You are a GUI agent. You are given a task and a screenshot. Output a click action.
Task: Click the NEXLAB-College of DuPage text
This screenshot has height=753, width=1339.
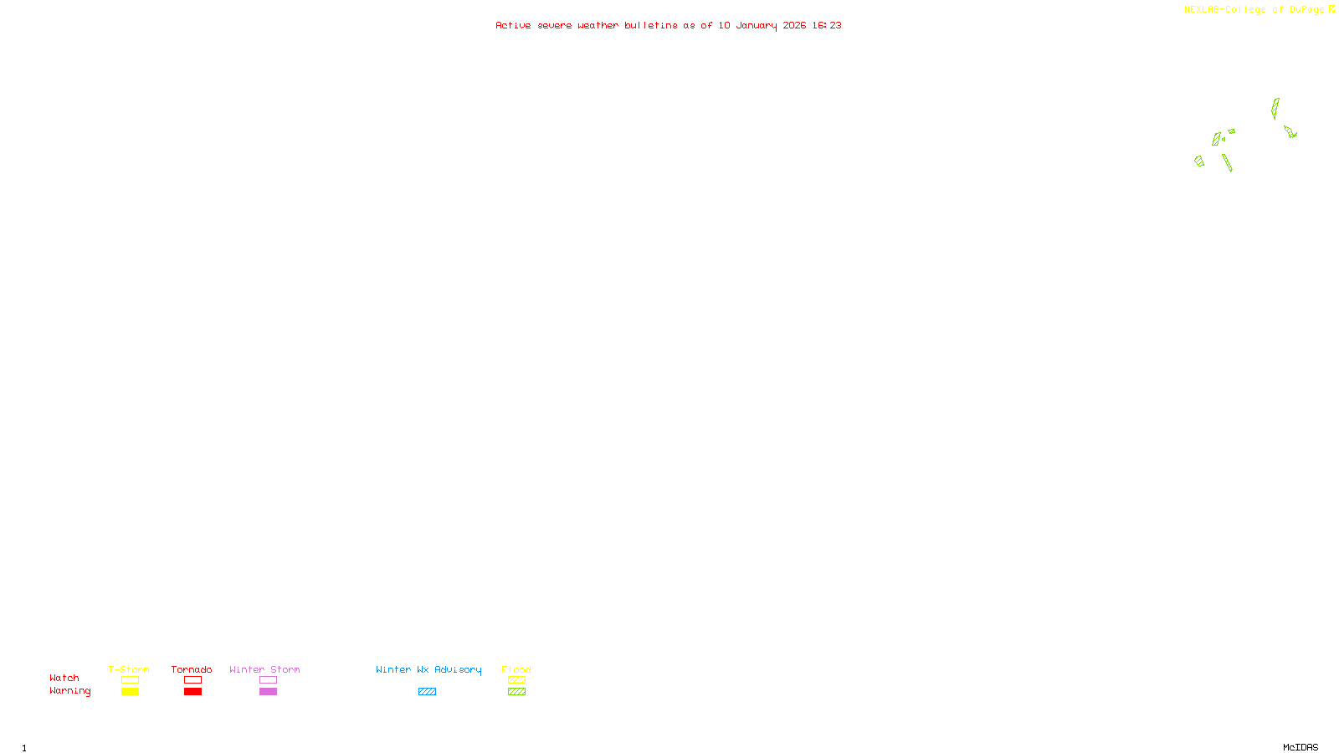point(1254,10)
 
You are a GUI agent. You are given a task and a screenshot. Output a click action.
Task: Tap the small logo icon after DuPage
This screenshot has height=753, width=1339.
point(1331,9)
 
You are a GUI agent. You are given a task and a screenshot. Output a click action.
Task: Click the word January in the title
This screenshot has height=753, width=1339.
point(756,26)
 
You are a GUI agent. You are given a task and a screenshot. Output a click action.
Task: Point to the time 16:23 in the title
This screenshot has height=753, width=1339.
point(826,26)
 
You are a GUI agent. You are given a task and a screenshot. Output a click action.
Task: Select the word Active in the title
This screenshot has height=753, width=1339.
point(512,26)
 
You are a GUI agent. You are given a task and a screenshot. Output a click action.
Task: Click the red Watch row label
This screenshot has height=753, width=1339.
point(64,679)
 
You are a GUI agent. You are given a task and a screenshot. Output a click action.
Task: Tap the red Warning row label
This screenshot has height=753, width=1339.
point(69,691)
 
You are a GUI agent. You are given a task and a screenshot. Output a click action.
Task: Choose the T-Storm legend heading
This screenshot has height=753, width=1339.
point(129,669)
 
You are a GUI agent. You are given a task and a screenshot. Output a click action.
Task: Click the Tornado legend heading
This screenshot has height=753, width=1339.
point(192,669)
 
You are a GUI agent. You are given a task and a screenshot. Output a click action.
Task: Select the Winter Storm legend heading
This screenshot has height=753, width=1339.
point(264,669)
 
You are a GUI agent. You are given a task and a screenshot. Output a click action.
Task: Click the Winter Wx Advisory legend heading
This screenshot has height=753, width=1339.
point(428,669)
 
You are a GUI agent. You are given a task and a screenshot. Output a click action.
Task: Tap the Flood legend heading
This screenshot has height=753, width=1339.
point(516,669)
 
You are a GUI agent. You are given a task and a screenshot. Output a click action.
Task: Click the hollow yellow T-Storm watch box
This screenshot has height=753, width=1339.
point(130,680)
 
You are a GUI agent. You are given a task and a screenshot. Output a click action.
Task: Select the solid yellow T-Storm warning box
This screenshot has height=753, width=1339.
point(130,692)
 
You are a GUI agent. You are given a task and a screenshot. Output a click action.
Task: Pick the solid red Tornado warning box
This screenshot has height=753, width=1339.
point(192,692)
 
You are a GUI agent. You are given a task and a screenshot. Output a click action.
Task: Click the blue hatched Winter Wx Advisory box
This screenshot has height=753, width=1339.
point(427,692)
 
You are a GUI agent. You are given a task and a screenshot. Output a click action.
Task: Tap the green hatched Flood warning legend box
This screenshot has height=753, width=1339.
point(516,692)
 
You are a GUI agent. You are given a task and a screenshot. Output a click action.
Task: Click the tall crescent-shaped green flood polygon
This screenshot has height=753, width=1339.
point(1275,109)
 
